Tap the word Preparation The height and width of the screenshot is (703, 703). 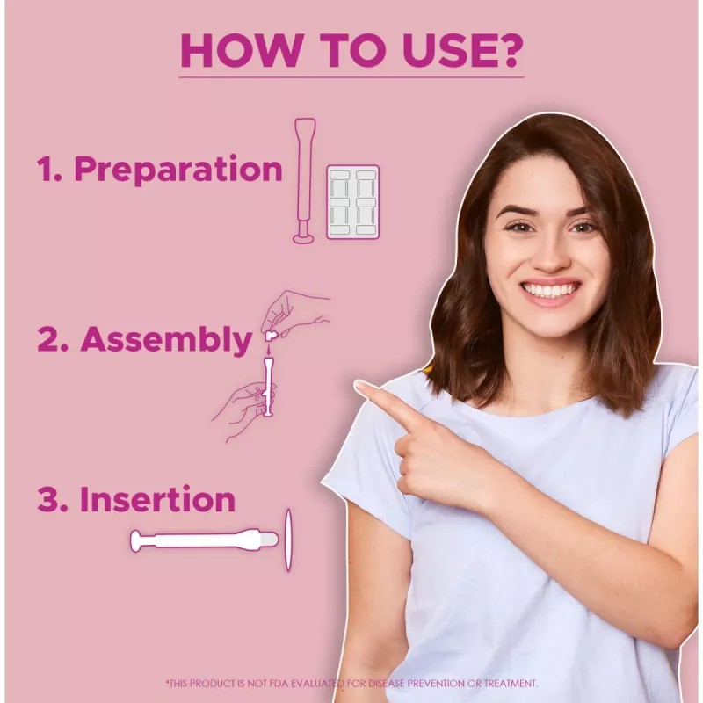click(x=178, y=170)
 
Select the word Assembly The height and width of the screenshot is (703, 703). click(x=166, y=340)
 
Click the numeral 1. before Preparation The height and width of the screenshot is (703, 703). click(x=49, y=169)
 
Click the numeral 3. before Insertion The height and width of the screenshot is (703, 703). click(x=53, y=499)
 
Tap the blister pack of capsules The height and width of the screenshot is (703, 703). click(x=353, y=202)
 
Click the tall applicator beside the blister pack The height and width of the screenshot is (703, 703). click(x=304, y=180)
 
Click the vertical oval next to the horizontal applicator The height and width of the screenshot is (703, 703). click(x=288, y=540)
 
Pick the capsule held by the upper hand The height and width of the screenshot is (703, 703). click(x=271, y=336)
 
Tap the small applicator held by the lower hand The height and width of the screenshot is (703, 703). click(x=268, y=386)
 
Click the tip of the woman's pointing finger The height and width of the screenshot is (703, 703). click(x=357, y=385)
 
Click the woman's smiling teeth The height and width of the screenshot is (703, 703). click(x=549, y=290)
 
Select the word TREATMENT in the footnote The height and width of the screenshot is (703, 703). click(x=511, y=684)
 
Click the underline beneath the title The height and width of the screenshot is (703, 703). click(x=351, y=77)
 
